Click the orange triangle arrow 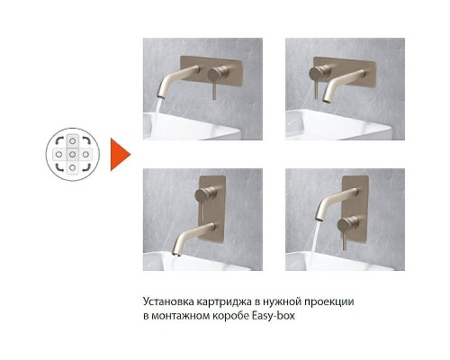tap(118, 154)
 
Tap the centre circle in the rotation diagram tap(72, 154)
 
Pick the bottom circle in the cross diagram tap(72, 168)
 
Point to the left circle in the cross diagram tap(58, 154)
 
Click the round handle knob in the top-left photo tap(215, 71)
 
